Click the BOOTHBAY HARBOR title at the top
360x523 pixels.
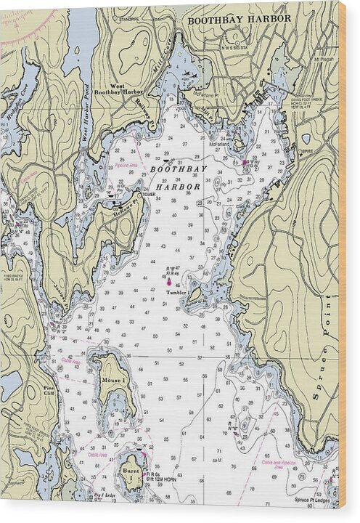coord(239,20)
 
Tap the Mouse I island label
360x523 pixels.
coord(113,380)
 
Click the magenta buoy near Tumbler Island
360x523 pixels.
coord(169,280)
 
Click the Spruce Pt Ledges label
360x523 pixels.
coord(314,500)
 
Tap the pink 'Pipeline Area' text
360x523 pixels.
coord(127,166)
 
